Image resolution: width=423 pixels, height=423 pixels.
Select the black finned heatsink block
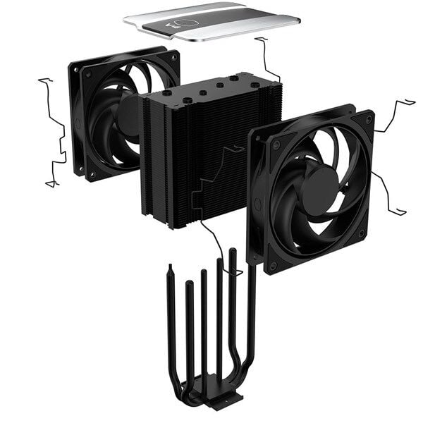tap(204, 169)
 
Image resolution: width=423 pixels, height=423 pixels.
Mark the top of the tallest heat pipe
tap(233, 251)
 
